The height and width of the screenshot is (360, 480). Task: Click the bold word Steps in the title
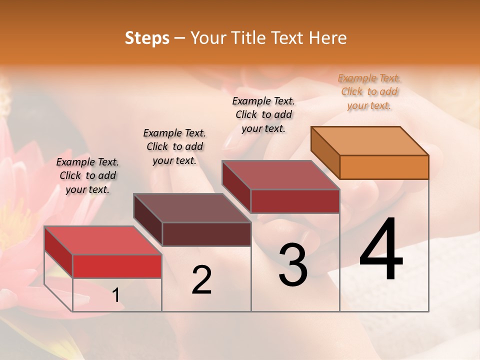point(147,38)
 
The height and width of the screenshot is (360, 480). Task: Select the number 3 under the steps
point(292,265)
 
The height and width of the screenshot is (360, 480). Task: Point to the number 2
point(201,280)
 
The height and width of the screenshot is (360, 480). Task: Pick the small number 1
point(115,295)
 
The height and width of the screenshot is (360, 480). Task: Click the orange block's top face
point(370,141)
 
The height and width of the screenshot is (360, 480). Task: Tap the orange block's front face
point(384,167)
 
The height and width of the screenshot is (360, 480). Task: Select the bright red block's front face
point(117,266)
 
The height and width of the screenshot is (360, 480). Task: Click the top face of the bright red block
point(103,240)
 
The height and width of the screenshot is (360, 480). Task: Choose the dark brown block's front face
point(206,234)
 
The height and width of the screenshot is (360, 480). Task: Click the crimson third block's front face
point(295,201)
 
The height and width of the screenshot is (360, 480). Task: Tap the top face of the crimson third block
point(280,175)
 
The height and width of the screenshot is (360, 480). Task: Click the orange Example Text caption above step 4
point(369,91)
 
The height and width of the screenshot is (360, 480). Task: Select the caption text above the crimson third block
point(263,114)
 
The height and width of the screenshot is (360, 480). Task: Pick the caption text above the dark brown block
point(174,146)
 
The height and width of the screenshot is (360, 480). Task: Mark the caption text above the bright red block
point(87,175)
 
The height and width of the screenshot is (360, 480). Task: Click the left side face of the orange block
point(325,152)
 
